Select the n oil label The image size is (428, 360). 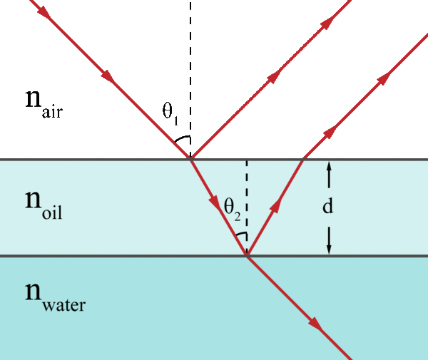44,204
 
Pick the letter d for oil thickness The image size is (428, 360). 329,207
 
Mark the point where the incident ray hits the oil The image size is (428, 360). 190,159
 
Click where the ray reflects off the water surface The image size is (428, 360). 247,255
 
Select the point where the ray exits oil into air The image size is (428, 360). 303,159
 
